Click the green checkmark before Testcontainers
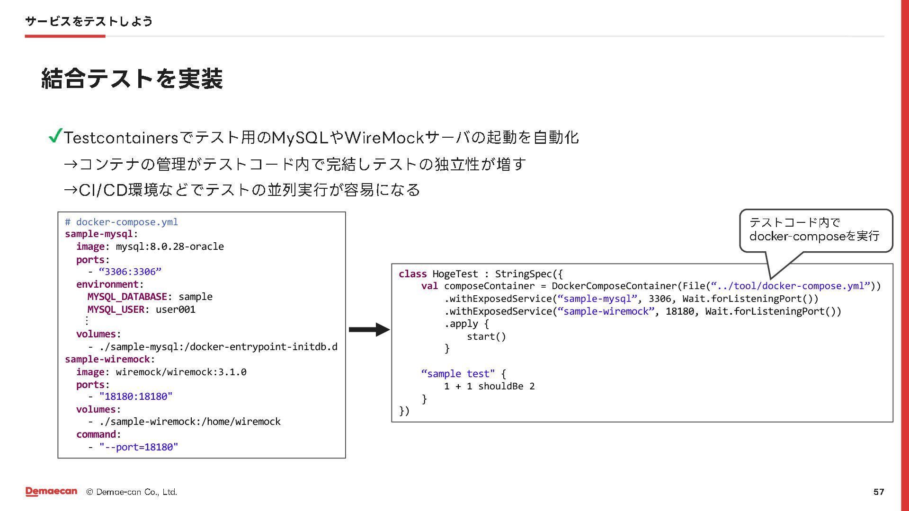pyautogui.click(x=55, y=136)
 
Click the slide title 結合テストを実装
pyautogui.click(x=132, y=79)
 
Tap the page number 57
pyautogui.click(x=878, y=492)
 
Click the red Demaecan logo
pyautogui.click(x=51, y=492)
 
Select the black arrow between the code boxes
pyautogui.click(x=369, y=329)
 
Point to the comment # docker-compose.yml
pyautogui.click(x=122, y=222)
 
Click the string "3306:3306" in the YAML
pyautogui.click(x=130, y=272)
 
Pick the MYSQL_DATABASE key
pyautogui.click(x=127, y=297)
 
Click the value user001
pyautogui.click(x=175, y=309)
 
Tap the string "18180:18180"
pyautogui.click(x=136, y=396)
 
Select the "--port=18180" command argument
pyautogui.click(x=139, y=447)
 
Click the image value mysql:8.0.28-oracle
pyautogui.click(x=169, y=247)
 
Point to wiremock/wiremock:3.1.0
pyautogui.click(x=181, y=372)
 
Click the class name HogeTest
pyautogui.click(x=455, y=274)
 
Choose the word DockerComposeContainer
pyautogui.click(x=614, y=286)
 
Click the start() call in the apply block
pyautogui.click(x=486, y=336)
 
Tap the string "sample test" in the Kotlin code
pyautogui.click(x=457, y=374)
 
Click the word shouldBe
pyautogui.click(x=500, y=386)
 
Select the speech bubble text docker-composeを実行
pyautogui.click(x=814, y=236)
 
